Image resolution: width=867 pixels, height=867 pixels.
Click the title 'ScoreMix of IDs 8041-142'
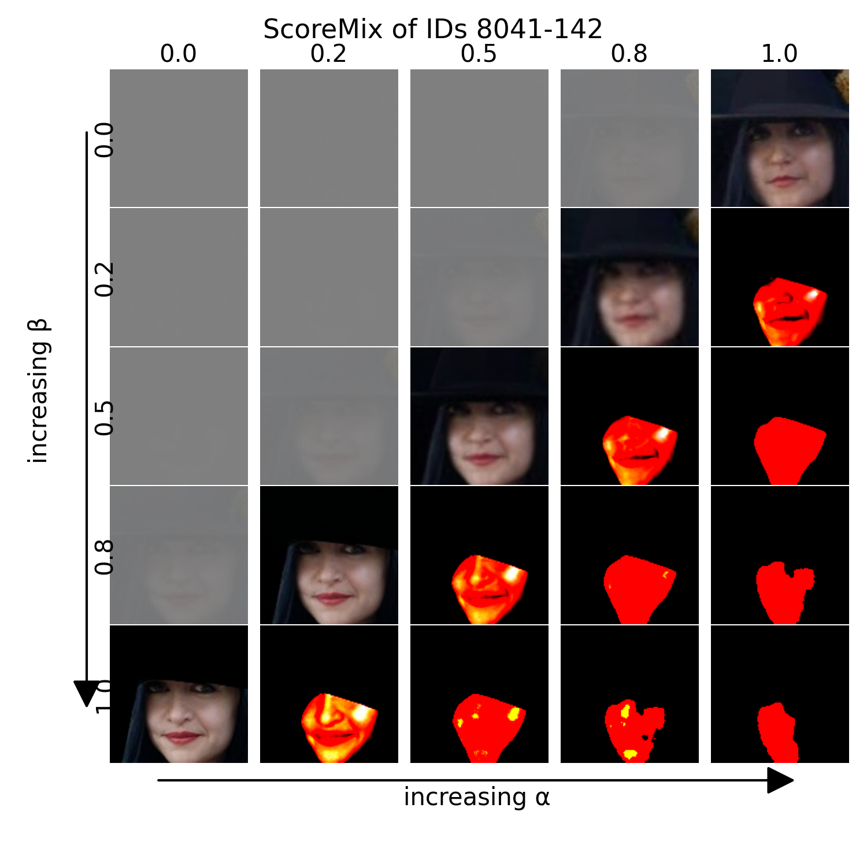pos(432,29)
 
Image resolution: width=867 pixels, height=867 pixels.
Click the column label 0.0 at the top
pos(178,54)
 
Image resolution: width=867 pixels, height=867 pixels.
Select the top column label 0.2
pos(328,54)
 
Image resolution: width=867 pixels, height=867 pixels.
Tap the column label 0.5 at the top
pos(479,54)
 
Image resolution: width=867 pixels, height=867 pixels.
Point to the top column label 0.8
pos(629,54)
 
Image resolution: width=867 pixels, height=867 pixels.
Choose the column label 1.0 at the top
pos(779,54)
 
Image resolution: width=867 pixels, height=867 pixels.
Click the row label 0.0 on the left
pos(104,140)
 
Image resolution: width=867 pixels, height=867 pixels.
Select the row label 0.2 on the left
pos(104,279)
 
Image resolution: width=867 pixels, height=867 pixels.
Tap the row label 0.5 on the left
pos(104,417)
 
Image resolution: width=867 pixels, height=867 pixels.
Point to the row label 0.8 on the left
pos(104,557)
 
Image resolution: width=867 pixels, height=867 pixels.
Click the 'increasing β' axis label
pos(39,391)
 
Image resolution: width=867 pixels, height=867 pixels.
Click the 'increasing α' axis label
pos(476,797)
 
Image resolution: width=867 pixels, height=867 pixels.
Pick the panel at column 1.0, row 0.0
pos(780,138)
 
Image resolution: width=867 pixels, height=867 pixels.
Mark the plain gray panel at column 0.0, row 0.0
pos(179,138)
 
